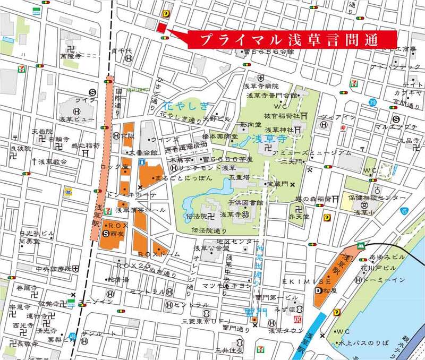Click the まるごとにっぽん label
coord(170,178)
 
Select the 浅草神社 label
coord(278,130)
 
